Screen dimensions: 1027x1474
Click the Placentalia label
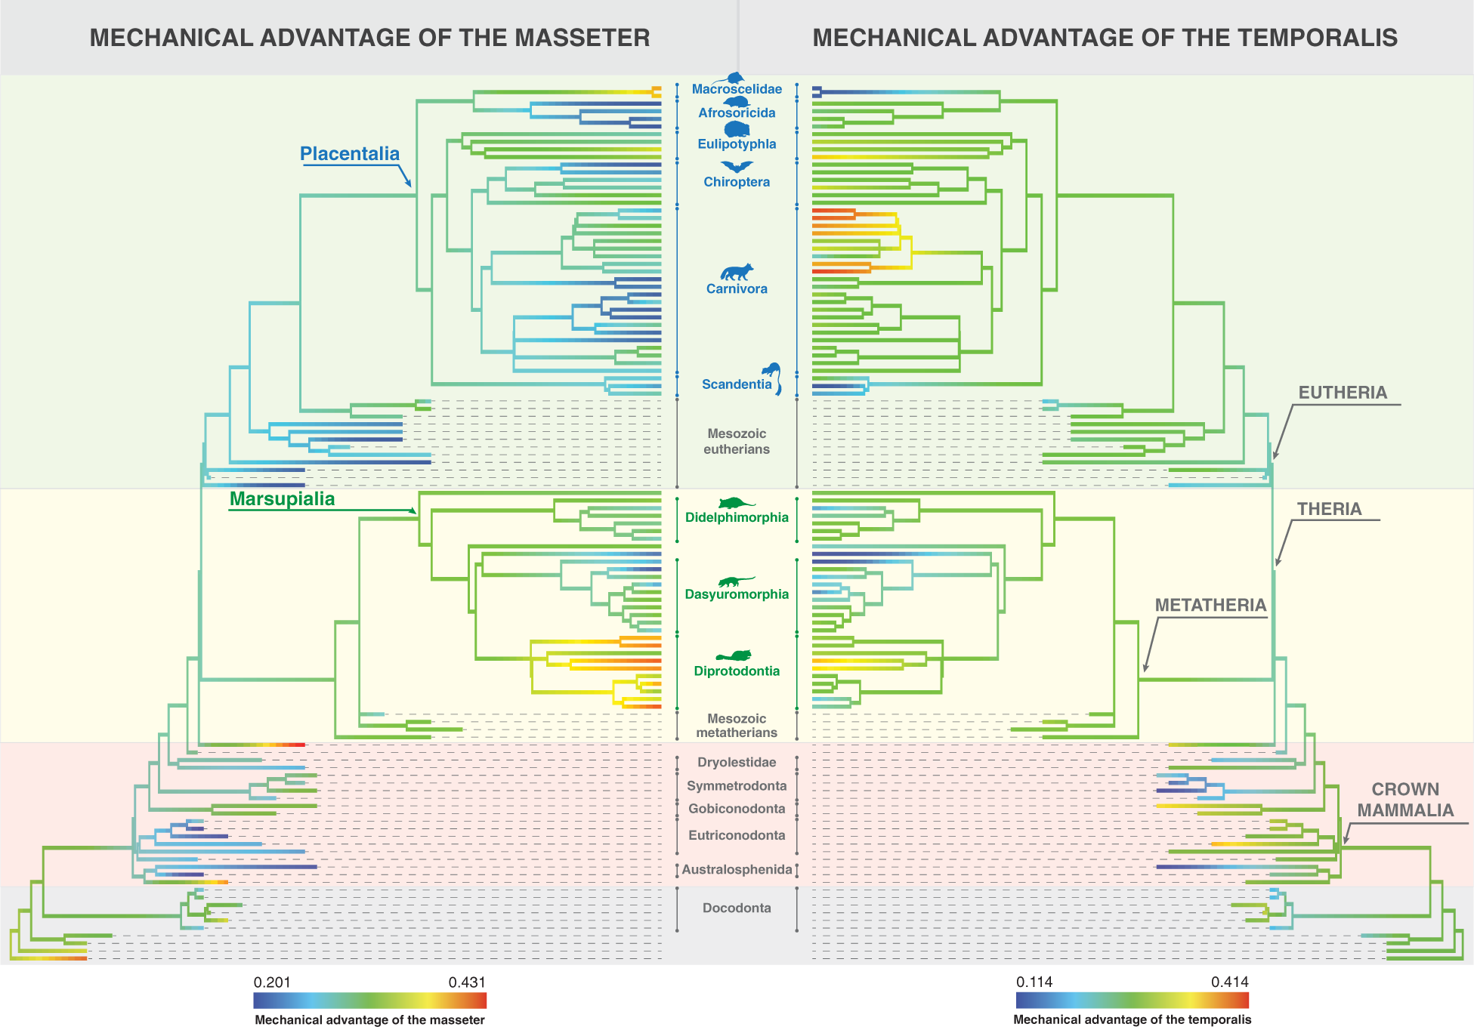(x=349, y=154)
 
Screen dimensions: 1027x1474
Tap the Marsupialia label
(x=282, y=499)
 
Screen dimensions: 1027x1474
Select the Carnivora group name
(x=737, y=288)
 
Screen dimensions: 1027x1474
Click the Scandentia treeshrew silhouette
(x=772, y=376)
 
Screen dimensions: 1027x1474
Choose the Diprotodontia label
(x=737, y=671)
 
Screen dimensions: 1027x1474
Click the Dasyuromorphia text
(x=737, y=594)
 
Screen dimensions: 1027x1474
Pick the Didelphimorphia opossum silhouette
(x=736, y=504)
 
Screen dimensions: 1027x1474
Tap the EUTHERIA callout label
(x=1343, y=393)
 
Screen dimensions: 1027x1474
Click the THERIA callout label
(x=1329, y=509)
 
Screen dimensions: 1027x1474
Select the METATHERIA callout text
(x=1210, y=606)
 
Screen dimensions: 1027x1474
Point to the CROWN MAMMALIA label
(x=1404, y=800)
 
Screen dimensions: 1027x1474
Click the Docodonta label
(x=737, y=908)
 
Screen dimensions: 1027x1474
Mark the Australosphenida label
(x=737, y=869)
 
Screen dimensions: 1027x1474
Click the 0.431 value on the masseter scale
(x=467, y=982)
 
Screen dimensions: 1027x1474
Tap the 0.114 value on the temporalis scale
(x=1034, y=982)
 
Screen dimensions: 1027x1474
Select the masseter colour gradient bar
(x=369, y=1001)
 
